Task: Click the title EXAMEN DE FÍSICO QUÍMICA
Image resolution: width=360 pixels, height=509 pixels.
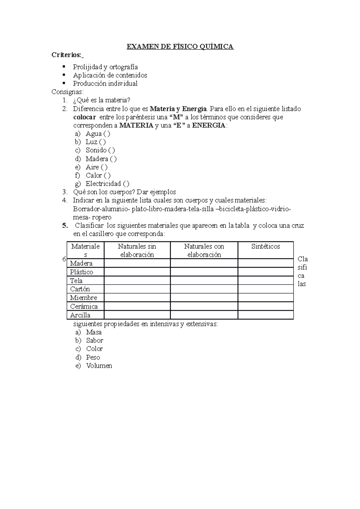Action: (x=180, y=46)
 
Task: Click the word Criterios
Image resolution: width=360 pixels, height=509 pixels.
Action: (x=66, y=55)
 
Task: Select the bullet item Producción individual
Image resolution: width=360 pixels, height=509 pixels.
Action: (x=105, y=84)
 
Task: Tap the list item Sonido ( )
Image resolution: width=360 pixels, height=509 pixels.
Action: (x=100, y=150)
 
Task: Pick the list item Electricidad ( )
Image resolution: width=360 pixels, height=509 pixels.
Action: (x=107, y=184)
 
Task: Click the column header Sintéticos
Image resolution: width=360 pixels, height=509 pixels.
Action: (x=265, y=246)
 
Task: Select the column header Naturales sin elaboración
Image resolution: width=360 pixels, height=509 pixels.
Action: (x=137, y=250)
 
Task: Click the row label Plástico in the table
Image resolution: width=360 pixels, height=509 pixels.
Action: (x=82, y=272)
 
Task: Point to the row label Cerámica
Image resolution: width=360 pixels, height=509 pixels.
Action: (x=84, y=306)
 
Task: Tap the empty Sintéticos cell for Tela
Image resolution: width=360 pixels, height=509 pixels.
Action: (x=265, y=281)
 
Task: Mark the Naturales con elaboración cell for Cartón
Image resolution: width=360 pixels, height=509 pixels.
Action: (x=204, y=289)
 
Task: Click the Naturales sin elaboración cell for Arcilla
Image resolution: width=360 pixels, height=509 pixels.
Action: (x=137, y=315)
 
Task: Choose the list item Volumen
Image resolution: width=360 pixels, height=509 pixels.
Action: (x=99, y=366)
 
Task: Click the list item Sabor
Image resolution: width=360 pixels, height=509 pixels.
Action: (x=94, y=341)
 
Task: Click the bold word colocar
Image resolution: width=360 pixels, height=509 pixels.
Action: (x=85, y=117)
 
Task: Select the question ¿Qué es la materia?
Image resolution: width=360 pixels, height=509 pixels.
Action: (x=102, y=100)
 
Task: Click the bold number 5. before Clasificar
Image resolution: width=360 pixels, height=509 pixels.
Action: (x=65, y=225)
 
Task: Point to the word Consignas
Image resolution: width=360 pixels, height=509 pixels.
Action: (x=68, y=92)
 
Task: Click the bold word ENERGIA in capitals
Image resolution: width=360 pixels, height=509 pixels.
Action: (x=209, y=126)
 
